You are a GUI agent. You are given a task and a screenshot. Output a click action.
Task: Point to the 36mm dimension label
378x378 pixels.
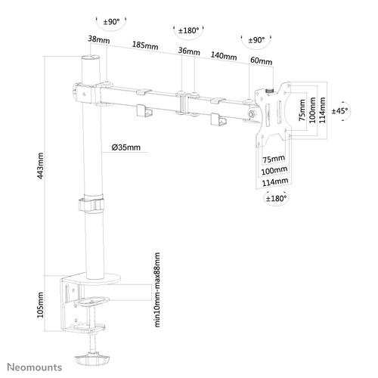coord(189,52)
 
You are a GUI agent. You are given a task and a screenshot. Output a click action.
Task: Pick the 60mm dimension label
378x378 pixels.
coord(262,60)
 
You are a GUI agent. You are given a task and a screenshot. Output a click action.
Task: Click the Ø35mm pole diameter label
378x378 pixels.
coord(125,147)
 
